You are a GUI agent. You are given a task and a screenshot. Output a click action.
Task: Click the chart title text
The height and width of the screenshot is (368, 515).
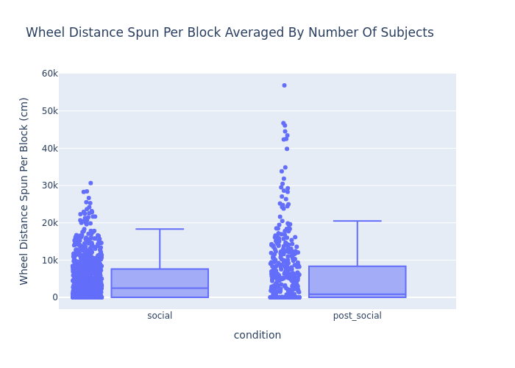coord(230,33)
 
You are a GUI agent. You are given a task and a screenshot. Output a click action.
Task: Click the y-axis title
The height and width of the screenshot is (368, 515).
coord(24,191)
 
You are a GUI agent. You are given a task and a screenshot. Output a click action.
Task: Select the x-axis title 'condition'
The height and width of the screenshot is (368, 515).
coord(257,336)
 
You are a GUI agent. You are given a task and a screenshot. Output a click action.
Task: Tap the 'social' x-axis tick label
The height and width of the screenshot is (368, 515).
coord(160,316)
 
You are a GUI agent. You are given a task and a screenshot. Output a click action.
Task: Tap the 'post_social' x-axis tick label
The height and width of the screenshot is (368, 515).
coord(357,316)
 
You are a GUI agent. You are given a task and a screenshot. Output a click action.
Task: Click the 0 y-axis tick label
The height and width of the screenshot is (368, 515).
coord(54,297)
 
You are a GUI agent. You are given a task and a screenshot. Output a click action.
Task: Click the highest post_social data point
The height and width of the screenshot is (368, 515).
coord(284,85)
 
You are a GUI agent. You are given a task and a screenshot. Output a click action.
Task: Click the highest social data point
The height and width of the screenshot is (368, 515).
coord(90,183)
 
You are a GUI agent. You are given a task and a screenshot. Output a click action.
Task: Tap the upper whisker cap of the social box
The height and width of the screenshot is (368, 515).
coord(160,229)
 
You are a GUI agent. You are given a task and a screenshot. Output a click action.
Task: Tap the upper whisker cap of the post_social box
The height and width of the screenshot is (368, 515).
coord(357,221)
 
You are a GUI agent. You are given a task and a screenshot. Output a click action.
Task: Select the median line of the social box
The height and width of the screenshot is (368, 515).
coord(160,288)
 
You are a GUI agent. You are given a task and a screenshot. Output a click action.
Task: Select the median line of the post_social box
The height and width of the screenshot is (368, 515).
coord(357,294)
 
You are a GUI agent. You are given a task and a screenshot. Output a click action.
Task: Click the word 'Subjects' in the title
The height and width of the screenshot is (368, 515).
coord(405,33)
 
